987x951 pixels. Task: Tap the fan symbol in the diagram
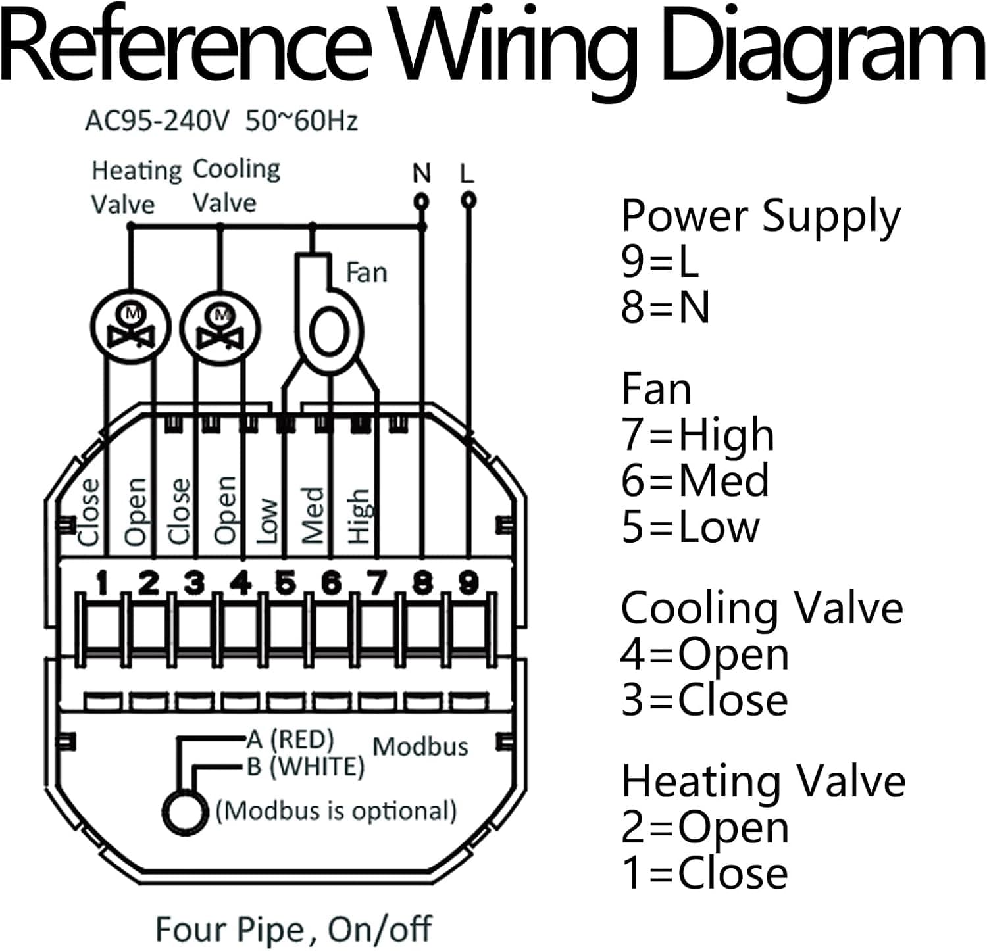coord(327,316)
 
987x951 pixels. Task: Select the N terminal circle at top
coord(421,201)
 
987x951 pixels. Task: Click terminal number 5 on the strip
coord(285,582)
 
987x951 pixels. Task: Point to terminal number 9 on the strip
coord(468,582)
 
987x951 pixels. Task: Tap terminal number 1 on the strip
coord(103,582)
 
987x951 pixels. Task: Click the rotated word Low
coord(268,520)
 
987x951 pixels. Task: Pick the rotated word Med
coord(313,515)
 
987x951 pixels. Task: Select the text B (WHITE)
coord(305,767)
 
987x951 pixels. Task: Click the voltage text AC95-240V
coord(157,121)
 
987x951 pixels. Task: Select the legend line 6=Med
coord(695,480)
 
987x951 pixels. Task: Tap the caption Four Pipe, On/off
coord(293,929)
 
